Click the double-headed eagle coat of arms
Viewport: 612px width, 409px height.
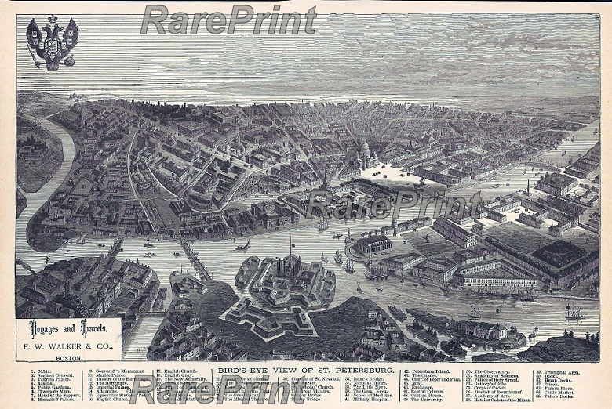pos(52,42)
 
